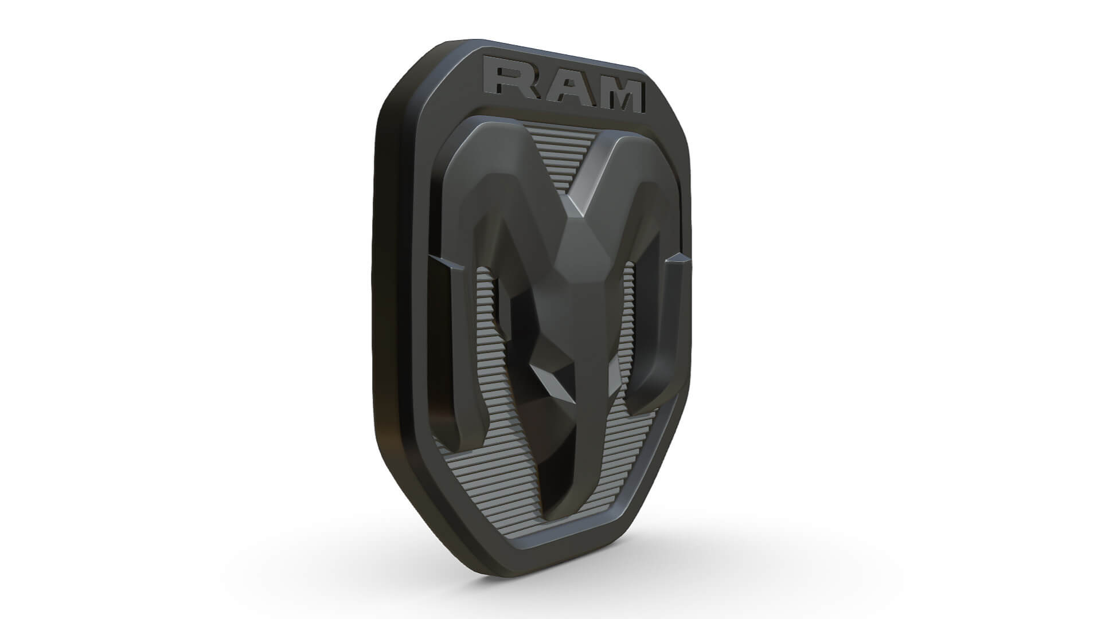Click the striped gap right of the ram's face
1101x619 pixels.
[628, 321]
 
